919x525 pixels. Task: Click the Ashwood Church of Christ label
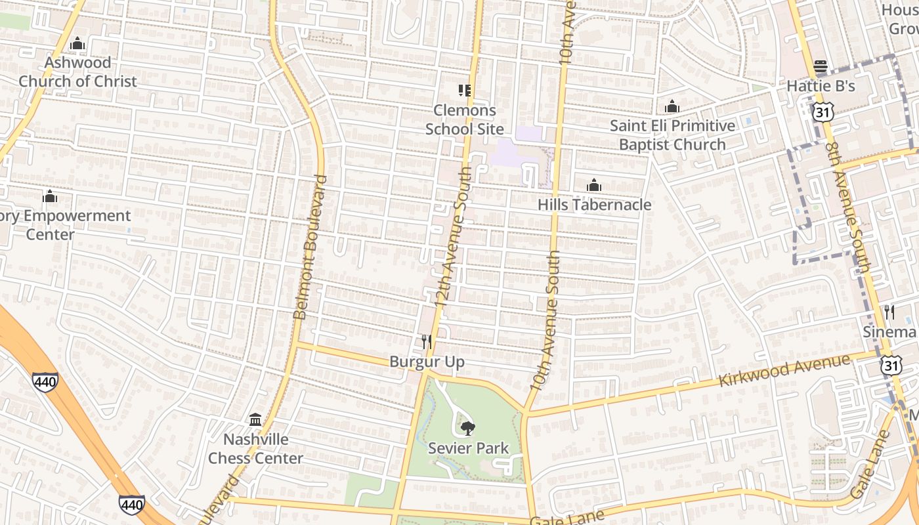pos(77,72)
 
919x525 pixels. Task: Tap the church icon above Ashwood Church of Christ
pos(77,44)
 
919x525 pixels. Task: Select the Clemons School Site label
pos(465,119)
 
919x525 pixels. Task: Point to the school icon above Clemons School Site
pos(465,91)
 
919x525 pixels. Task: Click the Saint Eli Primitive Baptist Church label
pos(672,135)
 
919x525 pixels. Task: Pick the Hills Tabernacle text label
pos(594,205)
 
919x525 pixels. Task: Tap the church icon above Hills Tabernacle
pos(594,186)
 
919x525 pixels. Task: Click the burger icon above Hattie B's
pos(820,66)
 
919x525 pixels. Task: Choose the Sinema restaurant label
pos(889,332)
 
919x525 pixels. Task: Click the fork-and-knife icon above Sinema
pos(889,312)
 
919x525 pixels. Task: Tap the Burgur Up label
pos(427,362)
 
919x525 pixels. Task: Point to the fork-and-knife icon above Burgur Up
pos(427,342)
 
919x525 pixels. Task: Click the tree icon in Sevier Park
pos(467,429)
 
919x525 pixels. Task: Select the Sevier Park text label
pos(468,449)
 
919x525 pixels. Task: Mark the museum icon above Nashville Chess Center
pos(255,419)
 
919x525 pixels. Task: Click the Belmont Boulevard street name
pos(310,247)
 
